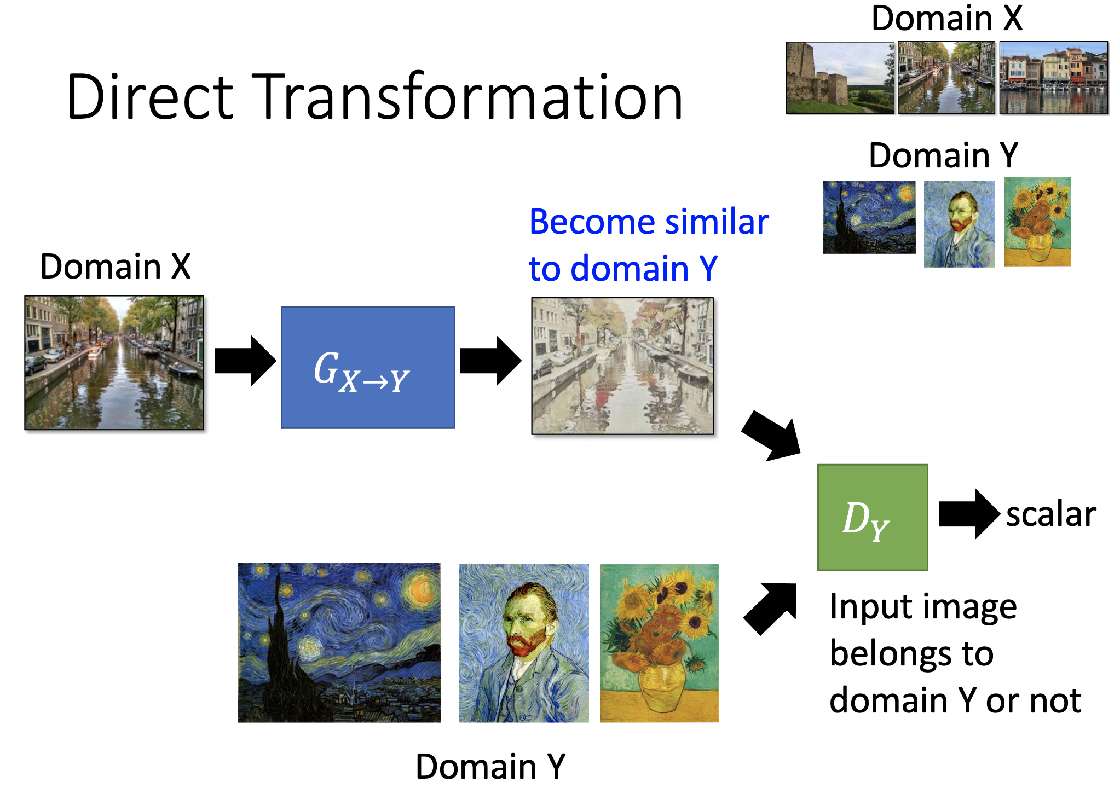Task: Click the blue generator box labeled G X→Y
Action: coord(368,367)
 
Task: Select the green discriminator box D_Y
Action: coord(872,517)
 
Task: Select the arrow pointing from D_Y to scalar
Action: coord(968,514)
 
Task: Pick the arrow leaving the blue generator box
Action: coord(489,361)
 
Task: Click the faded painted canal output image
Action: coord(622,366)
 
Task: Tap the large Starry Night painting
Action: coord(339,642)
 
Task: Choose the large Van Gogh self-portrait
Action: coord(523,643)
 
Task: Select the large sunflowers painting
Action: coord(659,643)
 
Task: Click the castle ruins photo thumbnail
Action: coord(840,78)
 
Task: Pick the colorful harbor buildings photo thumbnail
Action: coord(1054,78)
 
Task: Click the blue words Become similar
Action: coord(649,222)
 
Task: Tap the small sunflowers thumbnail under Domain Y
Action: coord(1037,222)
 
